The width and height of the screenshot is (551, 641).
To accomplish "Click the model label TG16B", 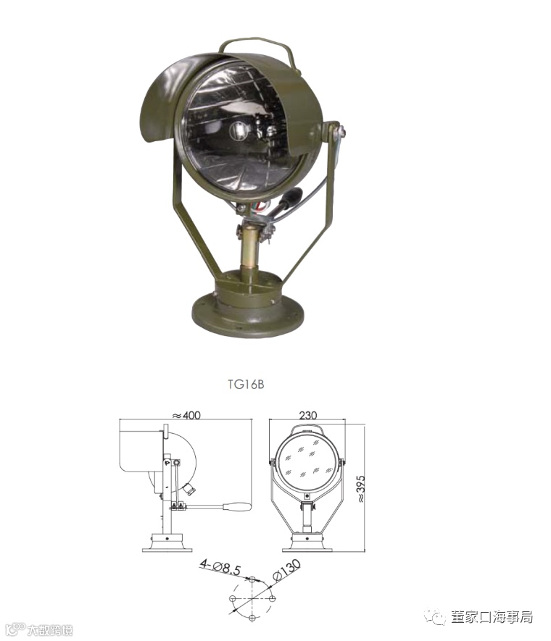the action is pyautogui.click(x=246, y=385).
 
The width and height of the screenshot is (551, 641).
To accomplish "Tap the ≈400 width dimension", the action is pyautogui.click(x=186, y=415).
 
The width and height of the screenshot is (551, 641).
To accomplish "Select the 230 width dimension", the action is pyautogui.click(x=307, y=415).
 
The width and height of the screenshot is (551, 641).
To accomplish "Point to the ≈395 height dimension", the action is pyautogui.click(x=360, y=489).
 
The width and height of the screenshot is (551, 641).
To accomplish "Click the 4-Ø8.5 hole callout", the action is pyautogui.click(x=220, y=568).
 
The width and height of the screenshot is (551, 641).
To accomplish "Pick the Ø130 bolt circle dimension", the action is pyautogui.click(x=287, y=569).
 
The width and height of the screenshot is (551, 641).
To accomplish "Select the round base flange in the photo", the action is pyautogui.click(x=248, y=316).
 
